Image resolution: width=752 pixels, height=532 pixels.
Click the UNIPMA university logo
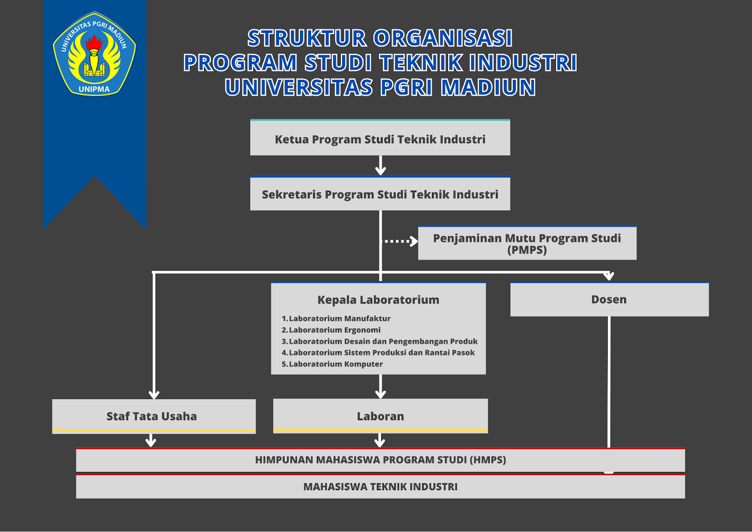pos(94,54)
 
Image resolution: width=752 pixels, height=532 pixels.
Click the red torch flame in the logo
pos(94,42)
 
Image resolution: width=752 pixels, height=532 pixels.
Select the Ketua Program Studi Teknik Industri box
pos(380,137)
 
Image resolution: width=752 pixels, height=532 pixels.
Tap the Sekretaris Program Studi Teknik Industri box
pos(380,193)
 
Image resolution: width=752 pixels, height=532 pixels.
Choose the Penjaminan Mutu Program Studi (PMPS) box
pos(527,243)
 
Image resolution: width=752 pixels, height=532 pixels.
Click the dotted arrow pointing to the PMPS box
pos(399,241)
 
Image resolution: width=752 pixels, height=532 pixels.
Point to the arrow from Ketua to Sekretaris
pos(380,165)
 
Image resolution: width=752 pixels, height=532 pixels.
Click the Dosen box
pos(609,299)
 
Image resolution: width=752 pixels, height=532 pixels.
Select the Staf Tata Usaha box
pos(154,416)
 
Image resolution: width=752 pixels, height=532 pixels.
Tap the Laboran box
pos(380,416)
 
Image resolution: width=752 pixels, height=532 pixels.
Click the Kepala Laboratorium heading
pos(378,300)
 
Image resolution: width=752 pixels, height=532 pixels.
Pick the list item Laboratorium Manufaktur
pos(336,318)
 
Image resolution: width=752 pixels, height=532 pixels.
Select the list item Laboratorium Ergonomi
pos(331,329)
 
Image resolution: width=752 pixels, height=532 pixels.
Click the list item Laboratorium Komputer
pos(332,364)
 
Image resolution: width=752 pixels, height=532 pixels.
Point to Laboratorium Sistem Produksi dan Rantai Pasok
pos(378,352)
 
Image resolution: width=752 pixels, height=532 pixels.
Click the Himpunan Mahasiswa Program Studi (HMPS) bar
pos(380,460)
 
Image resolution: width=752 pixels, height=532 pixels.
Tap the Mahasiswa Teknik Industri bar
pos(380,486)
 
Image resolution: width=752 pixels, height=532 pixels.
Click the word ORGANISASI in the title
pos(443,38)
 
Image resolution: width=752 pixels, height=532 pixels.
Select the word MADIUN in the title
pos(488,87)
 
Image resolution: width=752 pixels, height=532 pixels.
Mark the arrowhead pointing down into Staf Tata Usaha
pos(154,394)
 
